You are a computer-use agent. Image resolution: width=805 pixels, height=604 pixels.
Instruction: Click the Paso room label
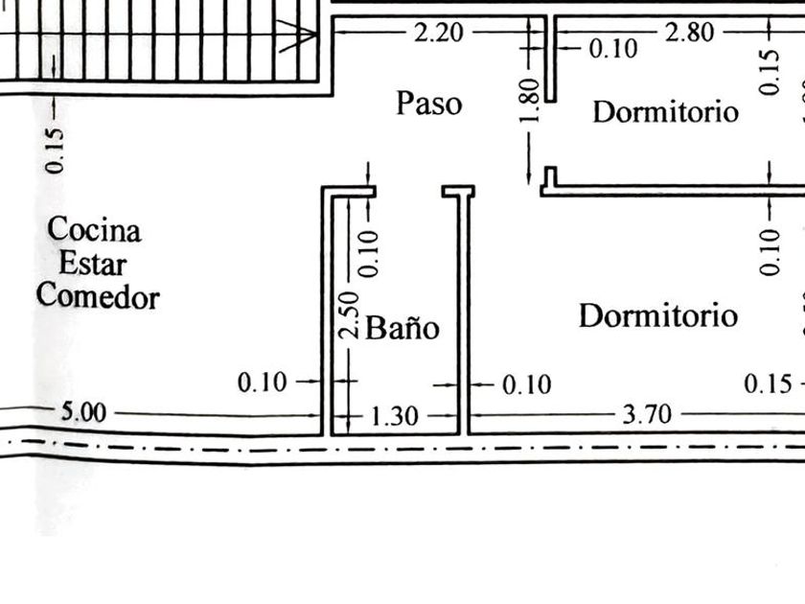(x=428, y=104)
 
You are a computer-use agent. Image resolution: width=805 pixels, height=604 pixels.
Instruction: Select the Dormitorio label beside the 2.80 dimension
(x=665, y=111)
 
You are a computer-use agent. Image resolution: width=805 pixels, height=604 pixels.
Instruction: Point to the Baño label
(x=403, y=329)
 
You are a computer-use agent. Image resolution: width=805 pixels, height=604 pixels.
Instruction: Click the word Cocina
(x=94, y=230)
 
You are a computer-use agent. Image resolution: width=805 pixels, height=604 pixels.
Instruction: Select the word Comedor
(x=98, y=296)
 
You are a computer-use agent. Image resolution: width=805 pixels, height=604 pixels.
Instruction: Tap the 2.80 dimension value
(x=688, y=33)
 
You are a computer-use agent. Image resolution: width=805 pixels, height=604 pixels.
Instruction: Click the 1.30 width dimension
(x=393, y=416)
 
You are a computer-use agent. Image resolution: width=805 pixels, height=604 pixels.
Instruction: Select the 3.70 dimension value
(x=647, y=415)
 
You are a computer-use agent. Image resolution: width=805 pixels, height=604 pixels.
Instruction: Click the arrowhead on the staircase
(x=306, y=36)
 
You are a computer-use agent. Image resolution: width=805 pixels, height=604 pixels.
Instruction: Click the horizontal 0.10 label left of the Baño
(x=262, y=383)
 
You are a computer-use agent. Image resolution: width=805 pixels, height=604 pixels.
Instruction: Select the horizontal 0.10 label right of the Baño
(x=527, y=384)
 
